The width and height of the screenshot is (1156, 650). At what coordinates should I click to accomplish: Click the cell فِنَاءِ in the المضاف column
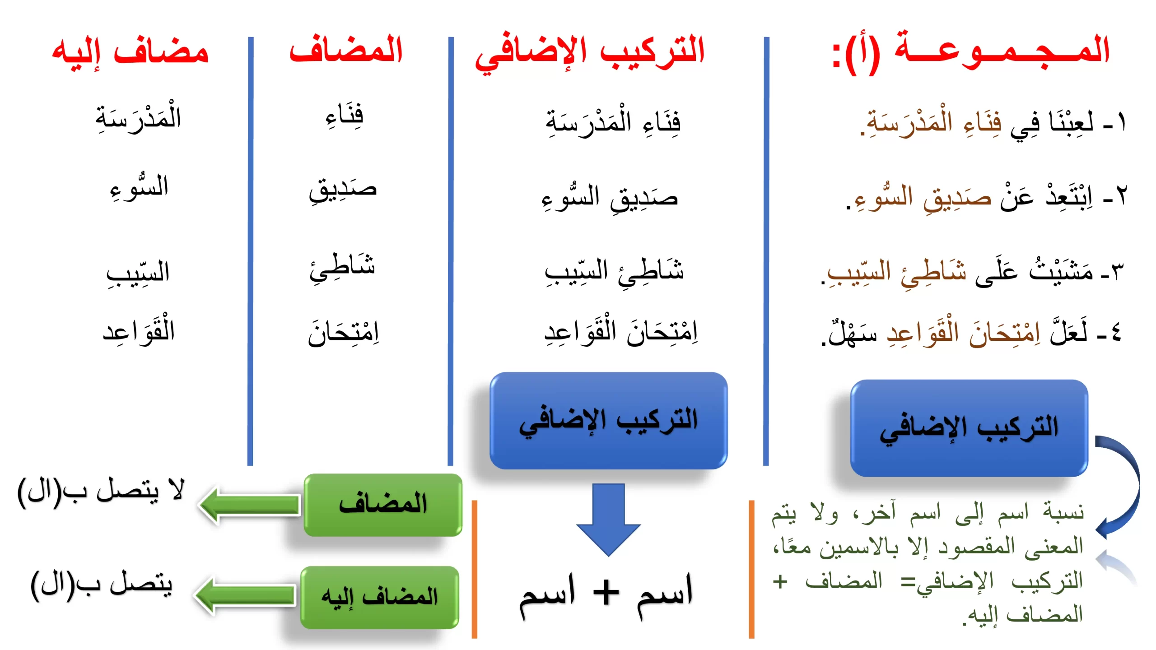pos(345,115)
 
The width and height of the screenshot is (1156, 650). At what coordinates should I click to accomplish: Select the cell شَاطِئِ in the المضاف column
pos(342,266)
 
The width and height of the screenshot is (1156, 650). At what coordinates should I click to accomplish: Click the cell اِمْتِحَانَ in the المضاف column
pos(343,332)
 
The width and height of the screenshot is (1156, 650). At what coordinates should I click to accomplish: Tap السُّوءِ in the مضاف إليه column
pos(139,187)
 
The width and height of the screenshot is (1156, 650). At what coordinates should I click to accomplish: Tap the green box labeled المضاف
pos(383,505)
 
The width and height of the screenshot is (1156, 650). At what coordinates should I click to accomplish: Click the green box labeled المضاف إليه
pos(380,597)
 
